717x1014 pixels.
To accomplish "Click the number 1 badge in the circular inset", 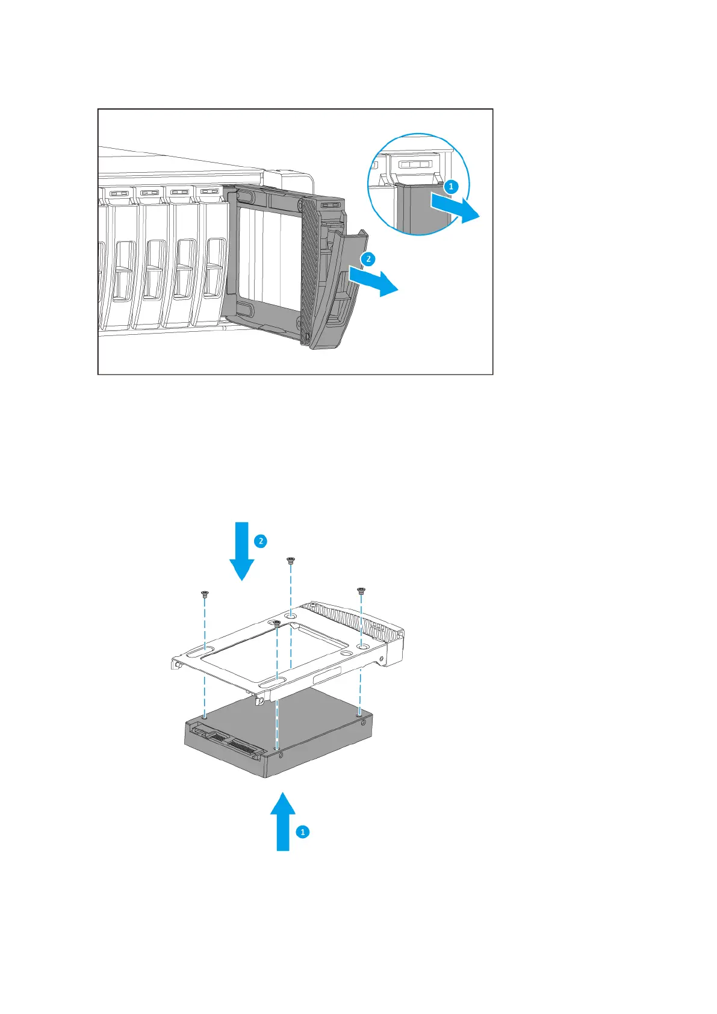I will pos(450,187).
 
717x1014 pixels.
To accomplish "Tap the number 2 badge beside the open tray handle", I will pos(368,259).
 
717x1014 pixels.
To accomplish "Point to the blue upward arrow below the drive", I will pos(282,821).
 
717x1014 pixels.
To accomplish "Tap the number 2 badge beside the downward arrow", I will pos(261,541).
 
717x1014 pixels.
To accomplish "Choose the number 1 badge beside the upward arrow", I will pos(303,832).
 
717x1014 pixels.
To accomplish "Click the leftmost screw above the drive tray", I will pos(204,594).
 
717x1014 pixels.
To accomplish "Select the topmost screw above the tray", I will pos(290,561).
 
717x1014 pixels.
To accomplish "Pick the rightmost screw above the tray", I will pos(361,591).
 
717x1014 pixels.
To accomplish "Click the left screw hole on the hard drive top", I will pos(205,717).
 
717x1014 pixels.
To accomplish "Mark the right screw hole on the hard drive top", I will pos(359,712).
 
